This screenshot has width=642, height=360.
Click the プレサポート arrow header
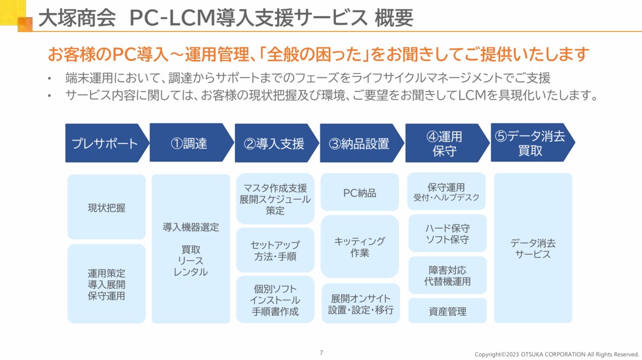click(x=106, y=143)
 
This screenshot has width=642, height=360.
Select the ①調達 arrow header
click(x=191, y=142)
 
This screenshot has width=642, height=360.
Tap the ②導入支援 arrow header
click(x=276, y=143)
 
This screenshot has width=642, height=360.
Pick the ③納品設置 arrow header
click(x=362, y=143)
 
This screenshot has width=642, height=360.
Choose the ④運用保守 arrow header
click(x=447, y=143)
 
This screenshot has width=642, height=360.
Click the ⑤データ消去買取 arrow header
click(x=532, y=142)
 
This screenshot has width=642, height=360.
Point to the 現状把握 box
click(x=106, y=207)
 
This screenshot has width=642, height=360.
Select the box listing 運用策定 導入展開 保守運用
click(x=106, y=284)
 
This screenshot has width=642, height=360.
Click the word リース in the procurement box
click(x=190, y=261)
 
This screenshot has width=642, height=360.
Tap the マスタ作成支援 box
click(x=275, y=198)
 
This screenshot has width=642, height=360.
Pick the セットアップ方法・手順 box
click(x=275, y=250)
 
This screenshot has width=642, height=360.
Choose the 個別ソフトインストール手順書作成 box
click(x=275, y=300)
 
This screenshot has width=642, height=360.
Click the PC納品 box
click(x=360, y=192)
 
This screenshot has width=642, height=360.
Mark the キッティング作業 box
click(x=360, y=247)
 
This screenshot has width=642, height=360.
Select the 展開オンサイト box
click(x=361, y=303)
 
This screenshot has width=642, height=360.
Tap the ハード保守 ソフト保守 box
click(x=447, y=233)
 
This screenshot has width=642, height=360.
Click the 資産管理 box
click(x=447, y=311)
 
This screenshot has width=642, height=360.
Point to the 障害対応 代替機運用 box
click(x=447, y=275)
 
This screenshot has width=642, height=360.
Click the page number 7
click(x=322, y=353)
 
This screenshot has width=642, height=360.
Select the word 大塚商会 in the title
click(x=77, y=18)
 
